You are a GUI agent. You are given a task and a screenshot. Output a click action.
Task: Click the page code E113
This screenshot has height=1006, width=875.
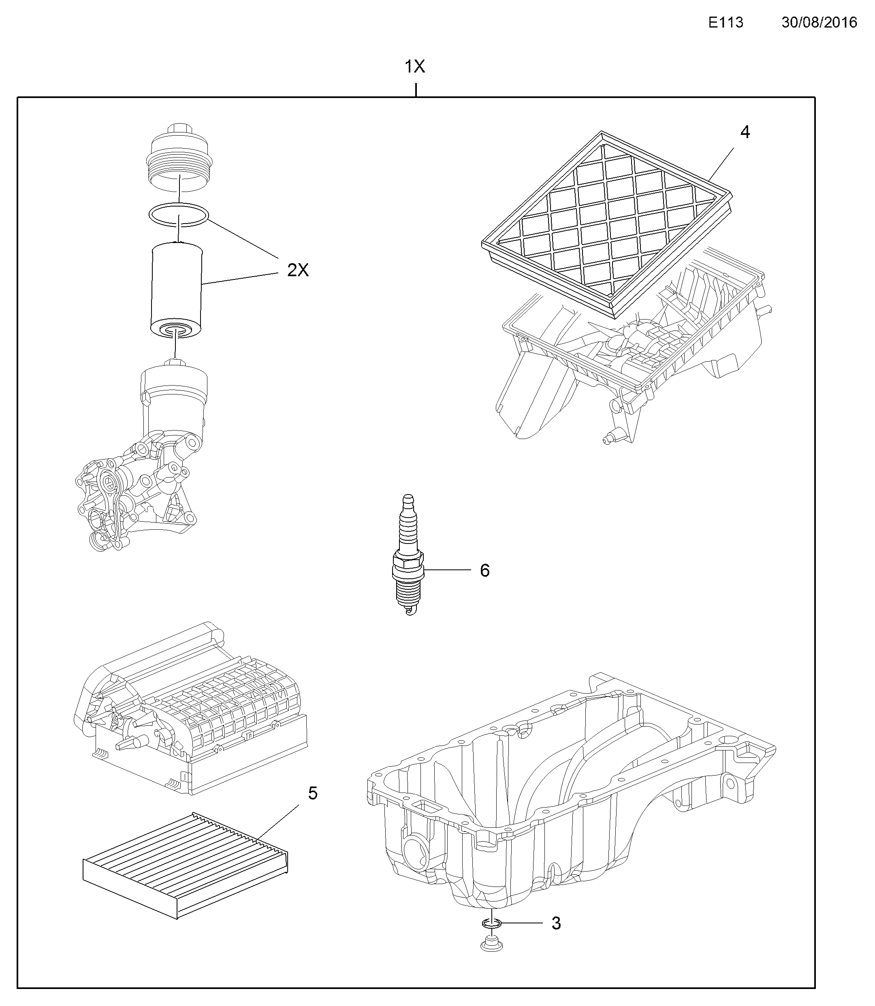726,22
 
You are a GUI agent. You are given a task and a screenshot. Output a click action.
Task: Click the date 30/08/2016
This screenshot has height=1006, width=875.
820,22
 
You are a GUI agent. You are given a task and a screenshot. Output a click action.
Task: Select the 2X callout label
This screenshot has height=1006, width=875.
298,270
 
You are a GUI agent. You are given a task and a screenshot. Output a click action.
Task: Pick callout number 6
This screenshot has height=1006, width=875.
484,570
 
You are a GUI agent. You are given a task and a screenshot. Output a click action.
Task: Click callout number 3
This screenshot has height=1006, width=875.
556,923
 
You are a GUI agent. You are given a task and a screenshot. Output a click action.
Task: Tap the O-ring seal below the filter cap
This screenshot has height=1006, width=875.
179,215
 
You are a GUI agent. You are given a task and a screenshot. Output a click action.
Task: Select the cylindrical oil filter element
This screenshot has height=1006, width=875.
176,288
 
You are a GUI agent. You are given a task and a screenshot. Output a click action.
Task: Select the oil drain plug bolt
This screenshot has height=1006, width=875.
491,944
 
